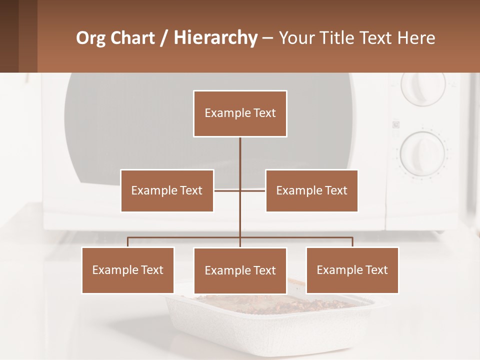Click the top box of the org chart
click(240, 113)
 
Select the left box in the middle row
click(167, 190)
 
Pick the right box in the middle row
click(311, 190)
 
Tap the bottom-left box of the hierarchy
click(128, 270)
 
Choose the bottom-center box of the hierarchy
click(240, 270)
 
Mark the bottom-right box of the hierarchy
click(352, 270)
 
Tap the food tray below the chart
click(270, 320)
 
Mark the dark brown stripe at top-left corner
click(9, 36)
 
